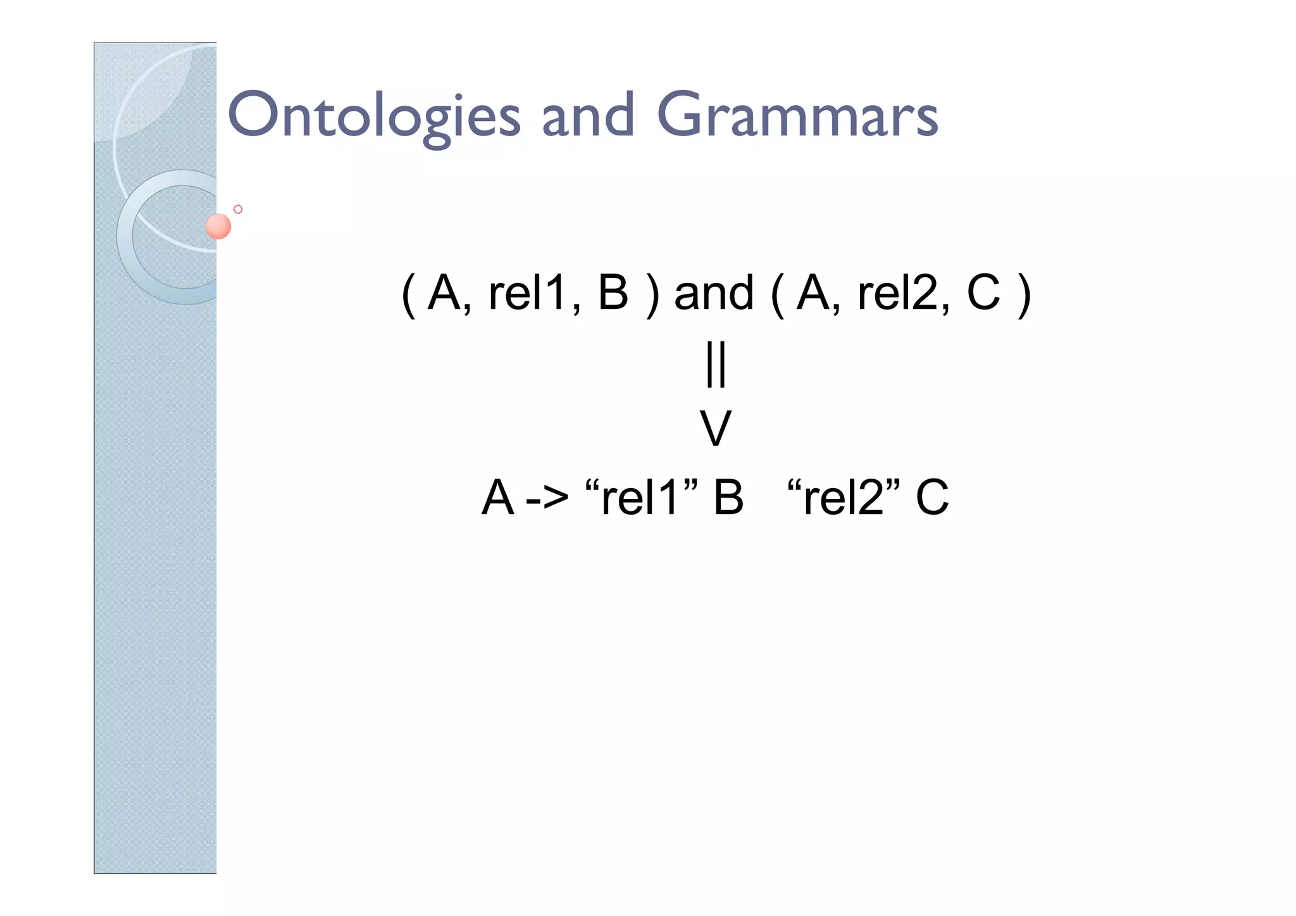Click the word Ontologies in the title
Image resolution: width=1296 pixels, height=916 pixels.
[373, 116]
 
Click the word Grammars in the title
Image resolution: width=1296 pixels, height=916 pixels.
[797, 116]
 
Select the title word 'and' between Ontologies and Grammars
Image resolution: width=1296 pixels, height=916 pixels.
[588, 116]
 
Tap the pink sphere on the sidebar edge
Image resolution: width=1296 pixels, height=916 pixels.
[218, 227]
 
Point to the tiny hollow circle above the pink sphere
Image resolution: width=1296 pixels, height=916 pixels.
[238, 209]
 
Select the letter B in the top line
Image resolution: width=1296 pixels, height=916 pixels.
[613, 294]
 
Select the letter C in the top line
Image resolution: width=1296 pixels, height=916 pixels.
[983, 294]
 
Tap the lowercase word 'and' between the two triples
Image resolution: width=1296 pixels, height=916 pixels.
[714, 294]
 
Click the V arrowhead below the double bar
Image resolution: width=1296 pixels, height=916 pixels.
[716, 429]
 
